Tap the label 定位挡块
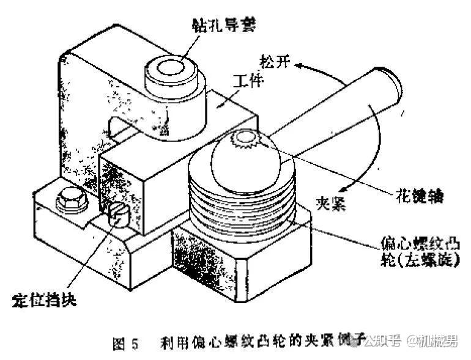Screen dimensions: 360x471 (44, 301)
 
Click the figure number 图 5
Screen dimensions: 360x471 (127, 343)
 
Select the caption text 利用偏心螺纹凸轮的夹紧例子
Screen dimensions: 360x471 (263, 342)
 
